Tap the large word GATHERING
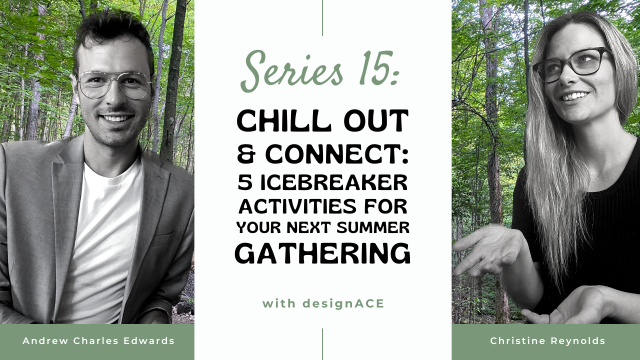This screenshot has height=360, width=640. (x=322, y=253)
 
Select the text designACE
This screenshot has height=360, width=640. (x=344, y=303)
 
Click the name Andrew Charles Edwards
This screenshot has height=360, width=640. (x=98, y=341)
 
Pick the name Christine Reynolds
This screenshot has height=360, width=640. (x=547, y=341)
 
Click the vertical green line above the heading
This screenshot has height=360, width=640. (x=322, y=18)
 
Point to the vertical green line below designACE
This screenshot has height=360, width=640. (x=322, y=344)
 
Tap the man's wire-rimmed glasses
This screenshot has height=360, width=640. (x=114, y=84)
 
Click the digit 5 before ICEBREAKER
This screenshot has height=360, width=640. (x=245, y=183)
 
